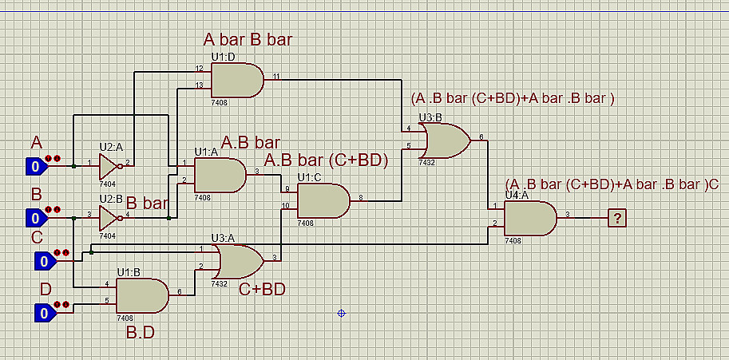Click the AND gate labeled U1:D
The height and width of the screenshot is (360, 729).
point(236,80)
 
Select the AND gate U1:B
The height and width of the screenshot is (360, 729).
point(142,295)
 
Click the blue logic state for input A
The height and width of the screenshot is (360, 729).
point(35,167)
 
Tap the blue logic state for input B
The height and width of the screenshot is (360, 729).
point(35,217)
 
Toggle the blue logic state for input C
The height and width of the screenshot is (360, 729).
point(44,261)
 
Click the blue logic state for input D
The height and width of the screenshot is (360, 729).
point(44,311)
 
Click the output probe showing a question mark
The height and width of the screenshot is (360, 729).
point(616,217)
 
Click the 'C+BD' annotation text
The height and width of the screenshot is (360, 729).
point(263,290)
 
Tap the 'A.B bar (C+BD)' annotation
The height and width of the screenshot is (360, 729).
point(326,160)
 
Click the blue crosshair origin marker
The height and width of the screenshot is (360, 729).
point(341,313)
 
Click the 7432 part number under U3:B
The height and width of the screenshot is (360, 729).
point(426,162)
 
